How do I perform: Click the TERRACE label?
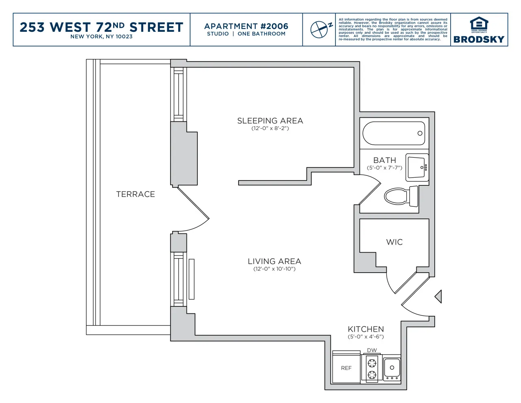click(136, 194)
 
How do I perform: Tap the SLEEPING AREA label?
click(270, 121)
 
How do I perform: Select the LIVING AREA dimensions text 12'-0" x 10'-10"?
click(274, 269)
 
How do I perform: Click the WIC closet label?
click(394, 242)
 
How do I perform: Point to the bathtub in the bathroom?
click(394, 133)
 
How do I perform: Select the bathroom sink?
click(416, 167)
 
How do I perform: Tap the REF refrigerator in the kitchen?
click(346, 368)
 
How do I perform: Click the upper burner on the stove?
click(372, 362)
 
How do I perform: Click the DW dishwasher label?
click(372, 350)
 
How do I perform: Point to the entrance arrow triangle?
click(438, 296)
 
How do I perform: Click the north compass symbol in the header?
click(320, 29)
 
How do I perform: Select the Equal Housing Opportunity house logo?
click(479, 24)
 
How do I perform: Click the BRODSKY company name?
click(479, 40)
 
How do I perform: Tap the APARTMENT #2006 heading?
click(246, 26)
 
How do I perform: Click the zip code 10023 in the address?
click(124, 37)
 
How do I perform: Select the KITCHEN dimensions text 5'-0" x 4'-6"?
click(366, 337)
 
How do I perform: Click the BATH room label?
click(384, 160)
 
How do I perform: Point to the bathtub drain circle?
click(420, 133)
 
